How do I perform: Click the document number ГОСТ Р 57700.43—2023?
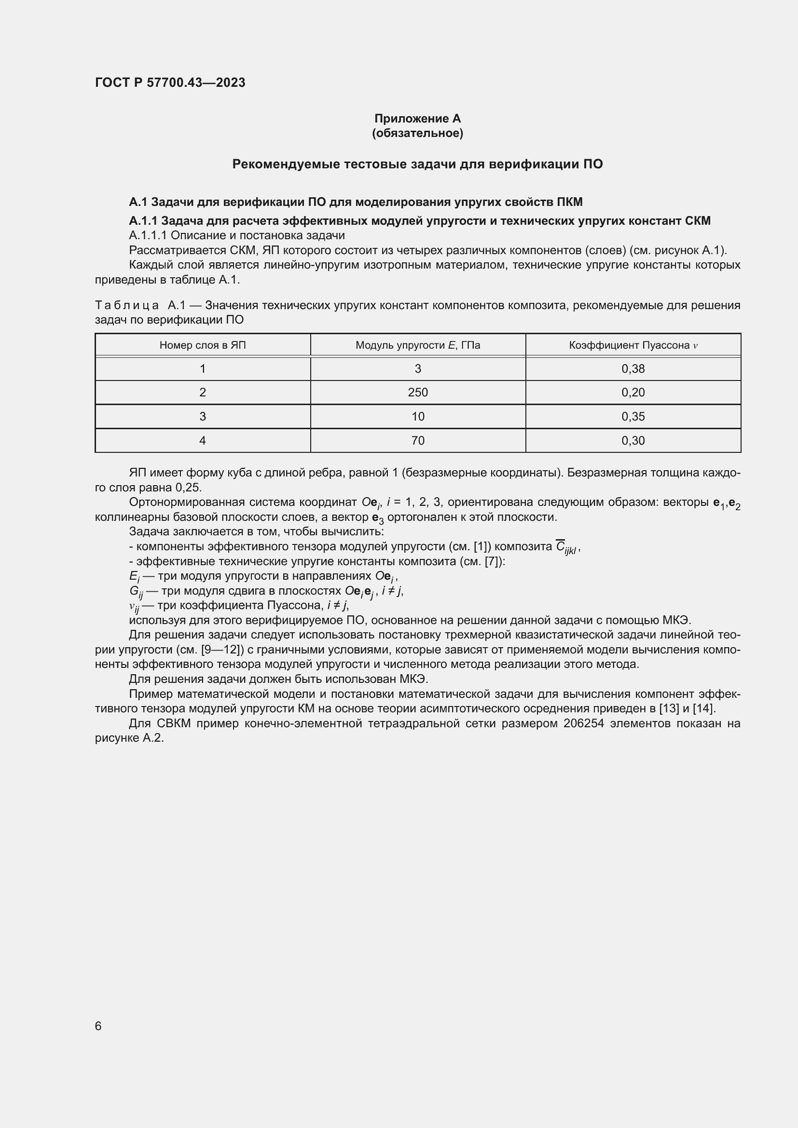click(x=170, y=82)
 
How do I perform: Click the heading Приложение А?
click(x=417, y=119)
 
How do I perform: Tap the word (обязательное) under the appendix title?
click(x=417, y=133)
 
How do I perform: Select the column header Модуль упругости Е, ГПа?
click(x=418, y=345)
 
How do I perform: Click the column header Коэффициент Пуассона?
click(x=633, y=345)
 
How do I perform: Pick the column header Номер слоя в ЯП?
click(x=203, y=345)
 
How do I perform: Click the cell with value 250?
click(x=418, y=393)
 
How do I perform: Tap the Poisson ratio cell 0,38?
click(x=633, y=369)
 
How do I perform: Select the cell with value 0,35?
click(x=633, y=417)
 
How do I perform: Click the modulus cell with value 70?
click(x=418, y=441)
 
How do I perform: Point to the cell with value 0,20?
click(x=633, y=393)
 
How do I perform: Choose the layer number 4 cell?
click(x=203, y=441)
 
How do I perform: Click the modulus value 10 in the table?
click(x=418, y=417)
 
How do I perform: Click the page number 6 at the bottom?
click(x=98, y=1026)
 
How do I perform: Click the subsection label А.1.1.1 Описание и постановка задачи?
click(x=237, y=235)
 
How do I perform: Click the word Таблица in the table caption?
click(x=127, y=306)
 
